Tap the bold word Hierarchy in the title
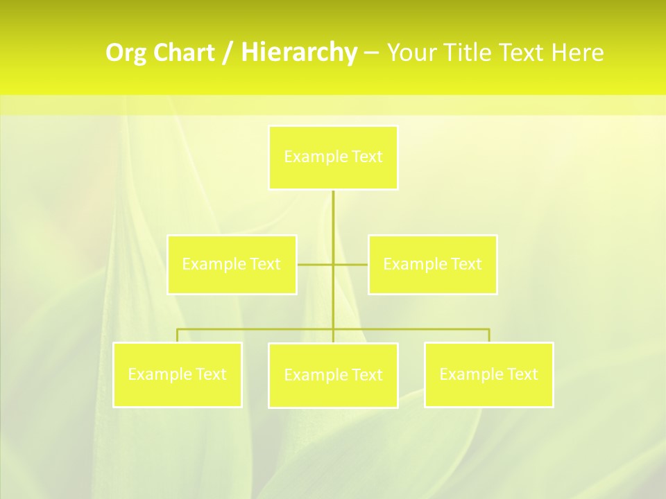tap(298, 53)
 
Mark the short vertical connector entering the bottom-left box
tap(177, 335)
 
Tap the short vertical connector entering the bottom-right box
tap(489, 335)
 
